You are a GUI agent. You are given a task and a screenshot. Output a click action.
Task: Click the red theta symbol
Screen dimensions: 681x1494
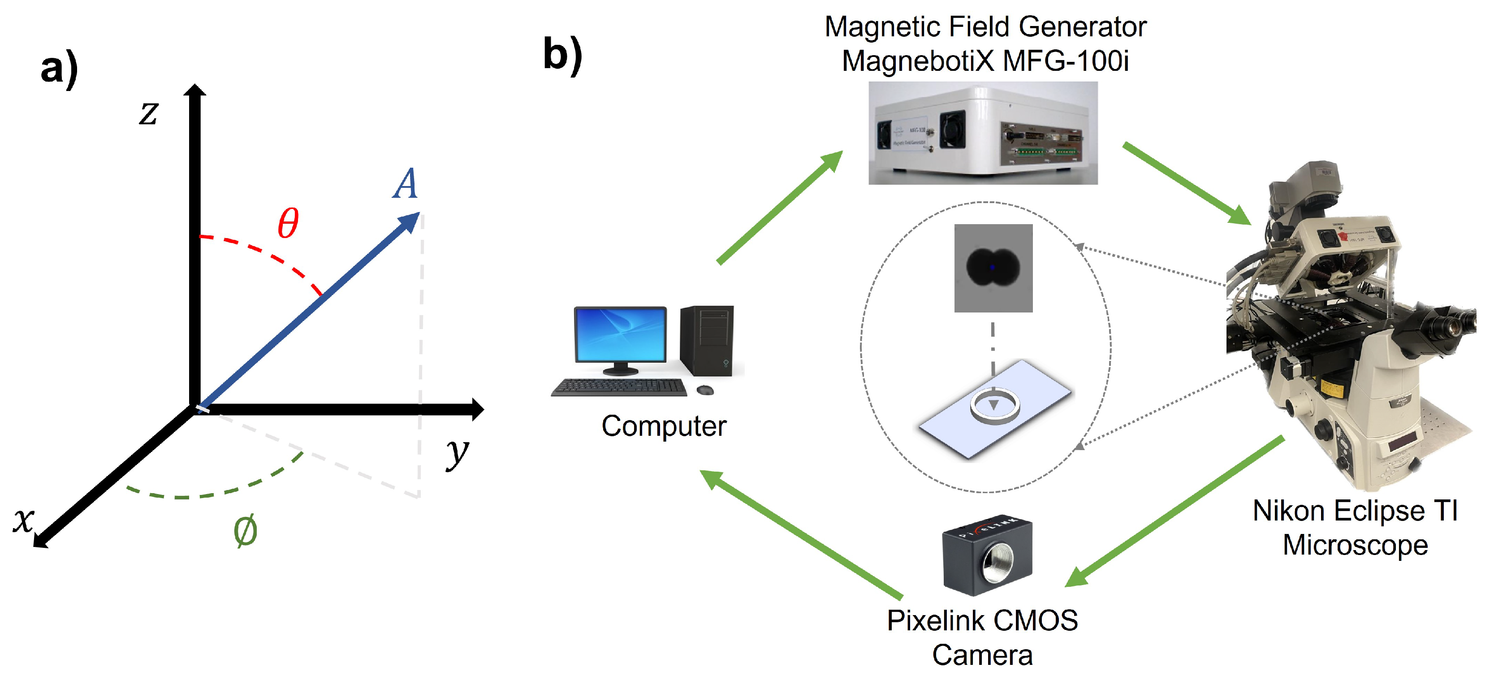pyautogui.click(x=288, y=223)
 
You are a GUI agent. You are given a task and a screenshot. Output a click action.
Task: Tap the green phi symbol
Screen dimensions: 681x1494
pyautogui.click(x=245, y=531)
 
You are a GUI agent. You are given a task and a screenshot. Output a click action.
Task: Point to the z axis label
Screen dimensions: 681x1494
pyautogui.click(x=148, y=113)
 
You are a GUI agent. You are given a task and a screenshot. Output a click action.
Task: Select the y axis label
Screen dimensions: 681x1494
pyautogui.click(x=457, y=453)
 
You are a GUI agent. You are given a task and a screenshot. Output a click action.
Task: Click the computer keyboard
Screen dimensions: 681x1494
pyautogui.click(x=619, y=387)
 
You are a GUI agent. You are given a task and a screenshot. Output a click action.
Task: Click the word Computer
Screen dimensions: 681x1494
pyautogui.click(x=664, y=426)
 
